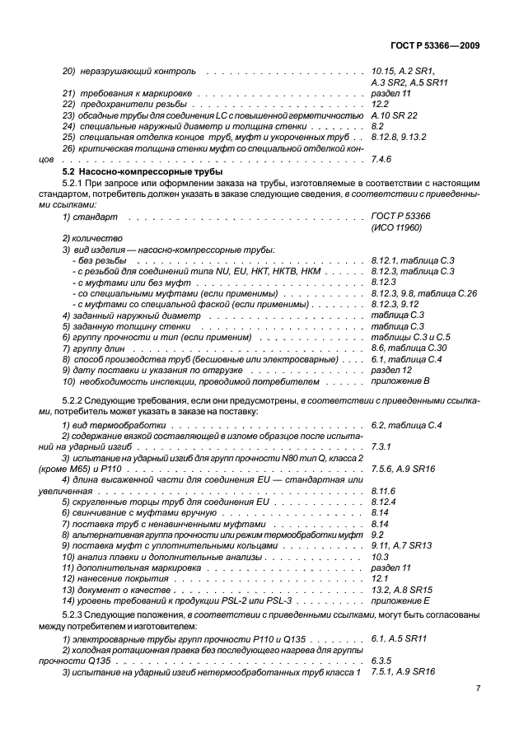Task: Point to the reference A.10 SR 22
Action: [395, 115]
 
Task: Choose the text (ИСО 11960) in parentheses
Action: [396, 226]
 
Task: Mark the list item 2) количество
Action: [91, 238]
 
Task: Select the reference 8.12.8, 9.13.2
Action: [399, 137]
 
